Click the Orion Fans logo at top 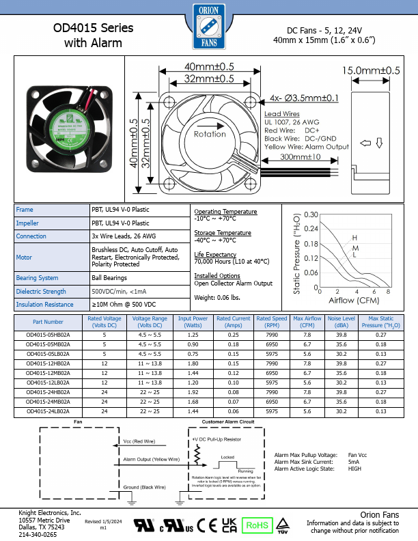pyautogui.click(x=209, y=28)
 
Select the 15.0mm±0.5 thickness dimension pyautogui.click(x=371, y=70)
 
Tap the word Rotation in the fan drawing pyautogui.click(x=210, y=134)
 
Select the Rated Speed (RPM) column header pyautogui.click(x=272, y=322)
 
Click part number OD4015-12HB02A pyautogui.click(x=48, y=364)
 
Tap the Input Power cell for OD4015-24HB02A pyautogui.click(x=193, y=393)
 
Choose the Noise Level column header pyautogui.click(x=342, y=322)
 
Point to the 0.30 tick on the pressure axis pyautogui.click(x=311, y=214)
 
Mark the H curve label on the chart pyautogui.click(x=354, y=238)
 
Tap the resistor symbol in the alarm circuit pyautogui.click(x=197, y=453)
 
